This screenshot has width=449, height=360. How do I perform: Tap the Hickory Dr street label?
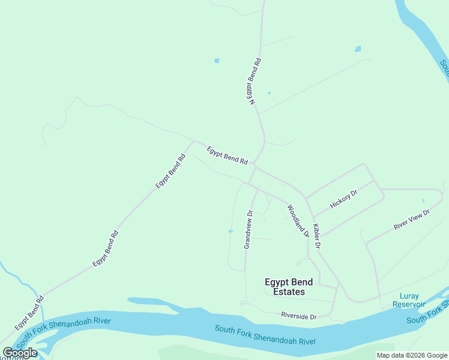(x=343, y=199)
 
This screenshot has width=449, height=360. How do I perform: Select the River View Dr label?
(x=412, y=220)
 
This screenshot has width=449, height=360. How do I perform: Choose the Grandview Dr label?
(x=249, y=229)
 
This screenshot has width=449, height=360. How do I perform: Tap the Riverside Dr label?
(x=298, y=316)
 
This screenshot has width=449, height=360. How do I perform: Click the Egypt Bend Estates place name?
(x=285, y=287)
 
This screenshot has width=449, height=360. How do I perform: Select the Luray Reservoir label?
(x=409, y=300)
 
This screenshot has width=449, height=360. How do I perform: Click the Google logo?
(x=20, y=353)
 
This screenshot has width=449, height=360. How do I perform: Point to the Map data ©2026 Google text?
(x=412, y=356)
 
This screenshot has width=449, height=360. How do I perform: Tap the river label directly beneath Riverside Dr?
(x=265, y=335)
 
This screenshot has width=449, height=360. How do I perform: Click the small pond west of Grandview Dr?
(x=231, y=231)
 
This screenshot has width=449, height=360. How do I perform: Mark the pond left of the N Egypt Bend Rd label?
(x=216, y=61)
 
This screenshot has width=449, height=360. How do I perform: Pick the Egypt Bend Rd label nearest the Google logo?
(x=29, y=313)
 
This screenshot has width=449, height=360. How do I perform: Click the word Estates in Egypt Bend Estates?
(x=289, y=292)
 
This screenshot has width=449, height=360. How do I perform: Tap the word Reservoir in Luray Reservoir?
(x=409, y=304)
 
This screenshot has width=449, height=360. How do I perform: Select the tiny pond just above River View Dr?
(x=423, y=200)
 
